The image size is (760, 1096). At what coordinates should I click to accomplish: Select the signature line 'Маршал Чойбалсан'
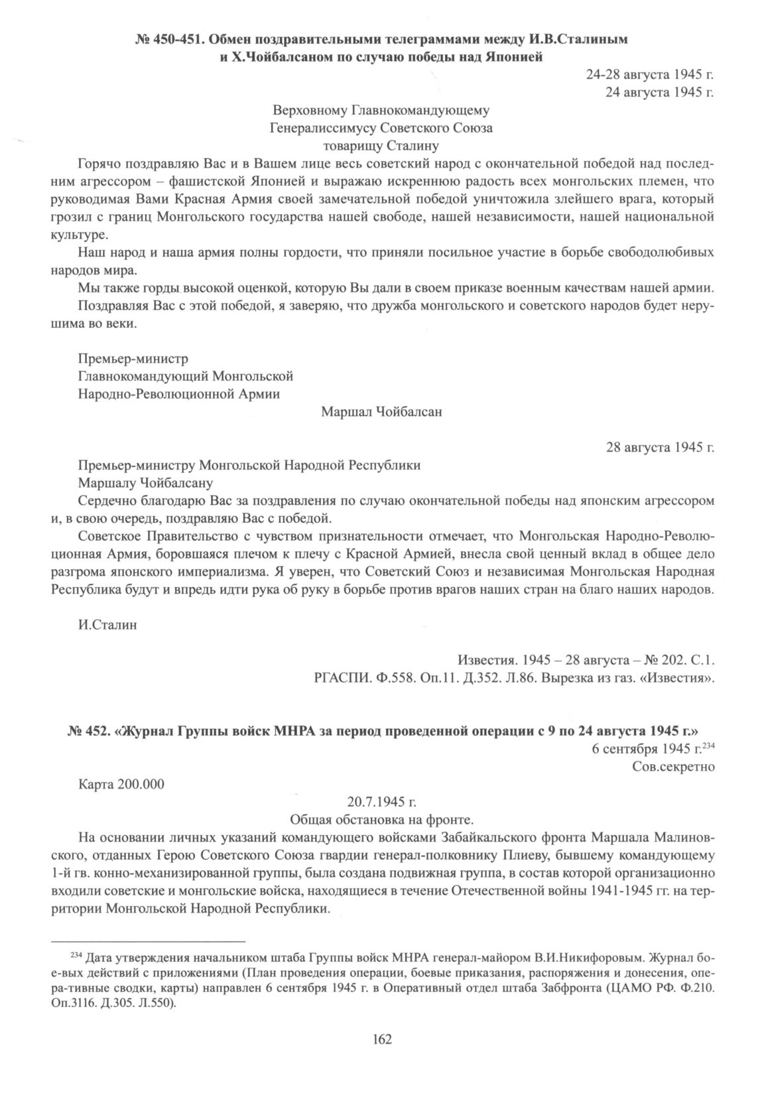(381, 412)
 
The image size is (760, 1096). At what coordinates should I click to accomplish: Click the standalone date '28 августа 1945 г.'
(660, 448)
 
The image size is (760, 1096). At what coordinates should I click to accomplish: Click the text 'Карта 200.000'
(121, 783)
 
